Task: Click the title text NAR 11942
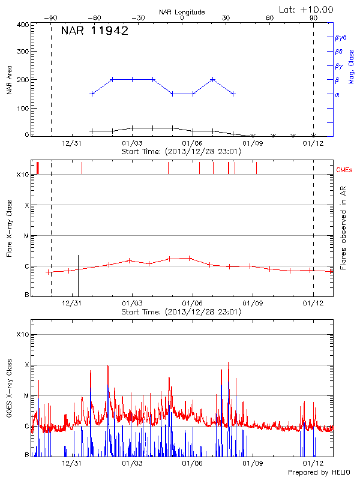95,31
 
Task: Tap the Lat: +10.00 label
307,9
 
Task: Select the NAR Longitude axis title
182,12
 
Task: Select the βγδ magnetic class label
341,37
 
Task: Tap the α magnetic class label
337,94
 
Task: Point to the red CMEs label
344,170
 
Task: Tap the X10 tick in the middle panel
23,175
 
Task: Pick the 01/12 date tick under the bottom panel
313,464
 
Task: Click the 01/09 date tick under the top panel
253,143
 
